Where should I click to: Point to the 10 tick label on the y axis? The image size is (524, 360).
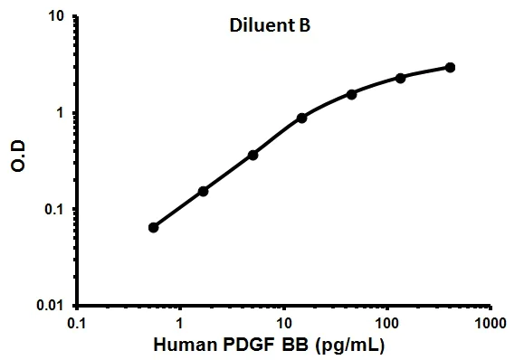tap(55, 17)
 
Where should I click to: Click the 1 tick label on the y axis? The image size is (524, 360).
tap(60, 113)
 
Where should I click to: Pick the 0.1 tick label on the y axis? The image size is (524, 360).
tap(53, 210)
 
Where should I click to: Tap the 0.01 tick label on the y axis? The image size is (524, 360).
tap(50, 306)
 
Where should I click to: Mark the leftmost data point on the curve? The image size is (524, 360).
tap(154, 227)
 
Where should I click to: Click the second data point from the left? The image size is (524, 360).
tap(203, 191)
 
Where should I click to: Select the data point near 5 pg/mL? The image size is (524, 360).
tap(252, 155)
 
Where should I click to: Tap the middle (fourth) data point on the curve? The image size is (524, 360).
tap(302, 118)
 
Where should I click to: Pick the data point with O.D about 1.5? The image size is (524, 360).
tap(351, 94)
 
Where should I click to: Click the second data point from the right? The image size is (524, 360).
tap(401, 78)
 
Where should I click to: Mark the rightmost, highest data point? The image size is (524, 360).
tap(450, 67)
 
